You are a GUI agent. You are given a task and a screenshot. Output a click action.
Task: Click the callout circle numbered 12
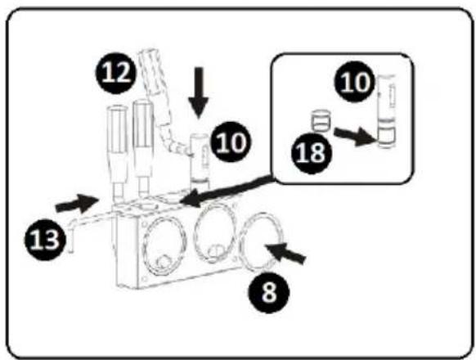coord(115,73)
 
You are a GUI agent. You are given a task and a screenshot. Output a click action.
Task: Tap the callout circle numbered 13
coord(45,240)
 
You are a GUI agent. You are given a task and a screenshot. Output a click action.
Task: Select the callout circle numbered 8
coord(269,293)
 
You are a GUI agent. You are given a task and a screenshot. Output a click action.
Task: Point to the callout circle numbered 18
coord(312,153)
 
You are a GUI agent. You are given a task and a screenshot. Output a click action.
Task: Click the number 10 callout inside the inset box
coord(355,82)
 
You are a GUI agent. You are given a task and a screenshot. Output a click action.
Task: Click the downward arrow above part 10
coord(199,92)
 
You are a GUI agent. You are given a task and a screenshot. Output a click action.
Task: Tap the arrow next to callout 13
coord(76,204)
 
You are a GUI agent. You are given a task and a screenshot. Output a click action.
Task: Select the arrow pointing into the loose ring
coord(285,253)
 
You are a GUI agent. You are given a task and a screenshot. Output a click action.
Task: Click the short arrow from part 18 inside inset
coord(356,136)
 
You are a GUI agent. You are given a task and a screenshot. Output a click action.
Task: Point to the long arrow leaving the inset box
coord(227,191)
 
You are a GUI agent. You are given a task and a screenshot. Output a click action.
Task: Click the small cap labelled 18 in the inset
coord(321,120)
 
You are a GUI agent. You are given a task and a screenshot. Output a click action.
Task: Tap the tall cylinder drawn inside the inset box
coord(386,111)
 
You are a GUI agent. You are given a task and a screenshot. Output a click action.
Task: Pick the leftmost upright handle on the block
coord(117,154)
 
